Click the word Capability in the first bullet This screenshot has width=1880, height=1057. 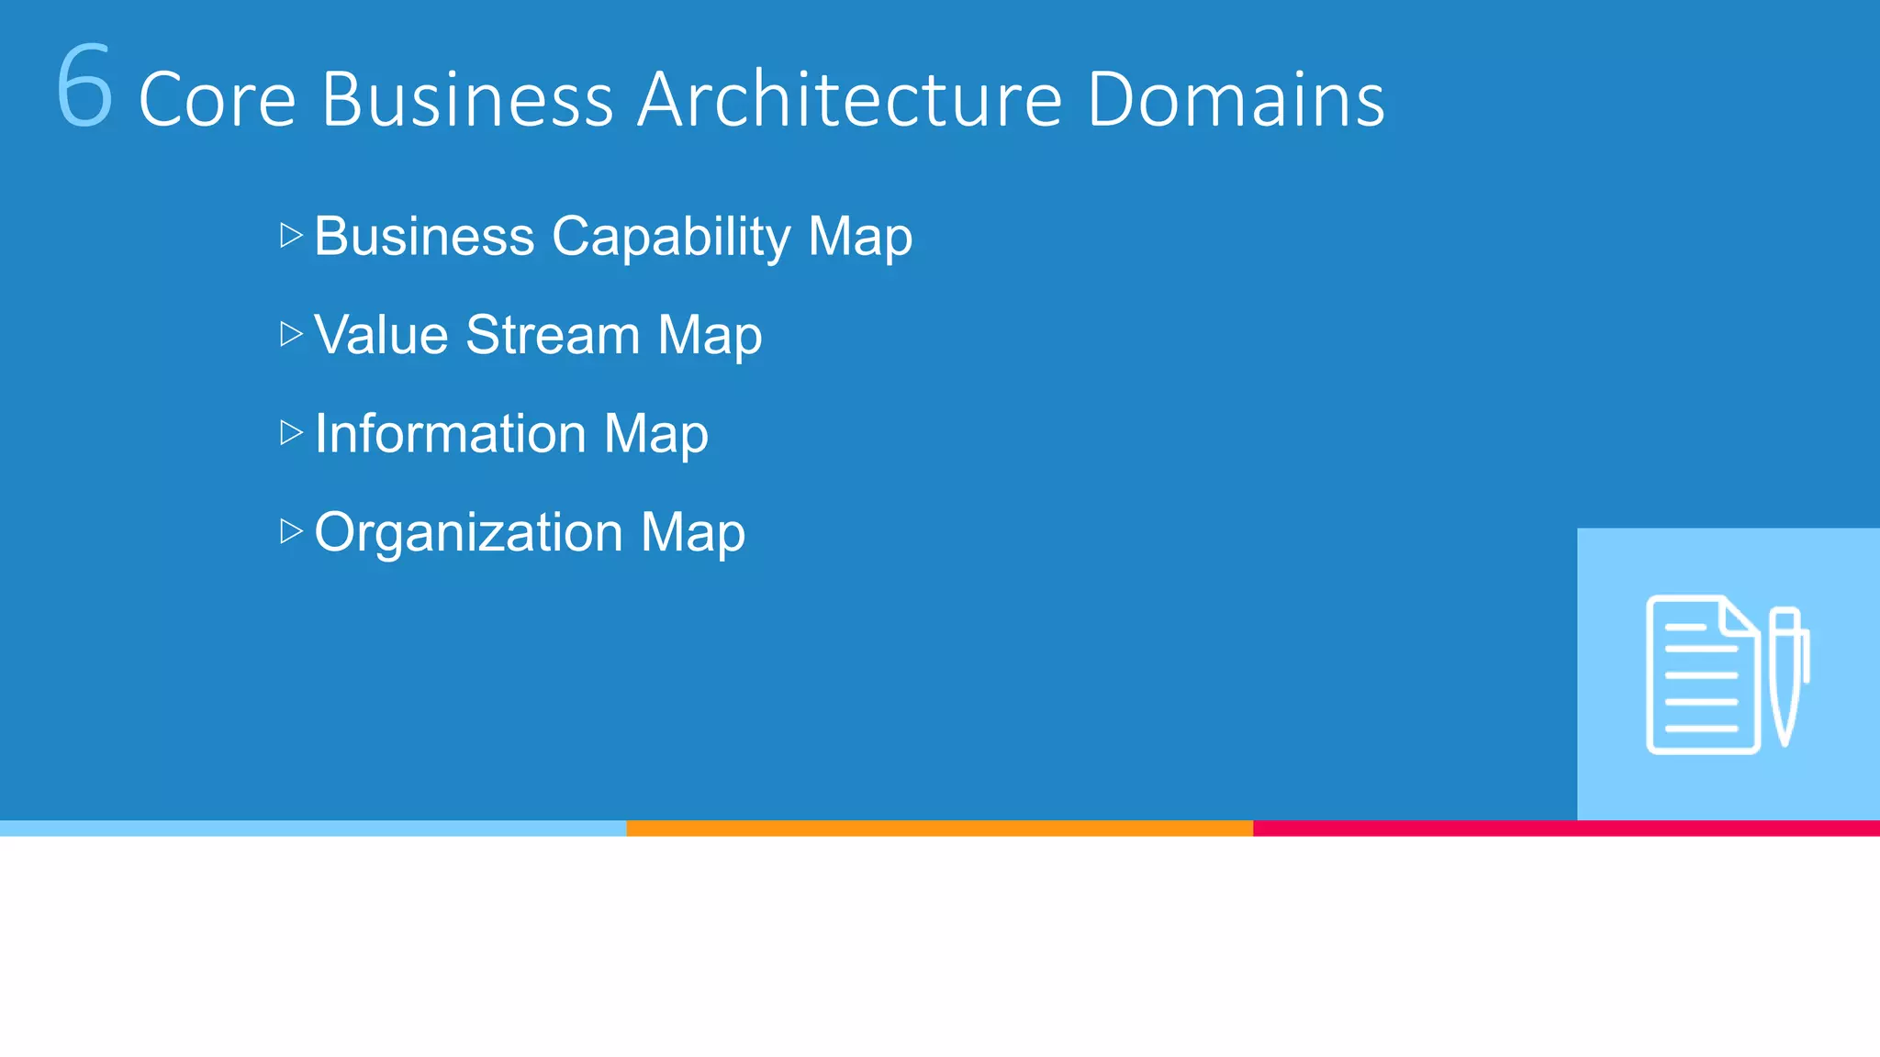tap(671, 237)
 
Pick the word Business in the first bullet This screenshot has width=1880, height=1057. tap(424, 236)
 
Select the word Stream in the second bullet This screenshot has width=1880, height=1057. tap(553, 334)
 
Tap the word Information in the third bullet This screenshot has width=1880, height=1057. tap(450, 433)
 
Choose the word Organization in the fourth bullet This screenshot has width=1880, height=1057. tap(468, 532)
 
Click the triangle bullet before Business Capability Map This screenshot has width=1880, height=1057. tap(291, 235)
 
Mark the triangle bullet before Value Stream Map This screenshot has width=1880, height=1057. tap(291, 334)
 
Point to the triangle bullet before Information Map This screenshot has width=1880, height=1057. tap(291, 432)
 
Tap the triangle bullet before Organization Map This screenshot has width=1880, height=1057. tap(291, 531)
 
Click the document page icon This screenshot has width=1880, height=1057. tap(1702, 675)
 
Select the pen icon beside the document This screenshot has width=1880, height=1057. tap(1786, 675)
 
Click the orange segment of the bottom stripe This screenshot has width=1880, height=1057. tap(939, 828)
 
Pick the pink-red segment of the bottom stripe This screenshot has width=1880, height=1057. tap(1566, 828)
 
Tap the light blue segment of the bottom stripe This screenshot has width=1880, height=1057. tap(312, 828)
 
